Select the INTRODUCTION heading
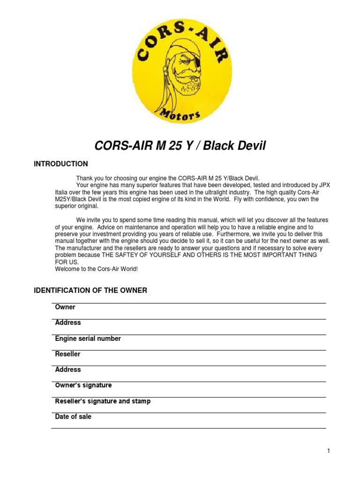click(x=60, y=164)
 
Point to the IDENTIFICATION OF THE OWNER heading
click(x=90, y=291)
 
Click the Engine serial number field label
click(x=88, y=338)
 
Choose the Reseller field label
click(x=67, y=354)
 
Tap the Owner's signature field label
click(x=83, y=385)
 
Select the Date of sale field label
click(x=73, y=416)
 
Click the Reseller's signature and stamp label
click(x=103, y=401)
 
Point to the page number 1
click(x=329, y=451)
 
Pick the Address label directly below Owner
click(x=68, y=322)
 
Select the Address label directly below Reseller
click(x=68, y=369)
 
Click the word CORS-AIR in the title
click(x=118, y=146)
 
